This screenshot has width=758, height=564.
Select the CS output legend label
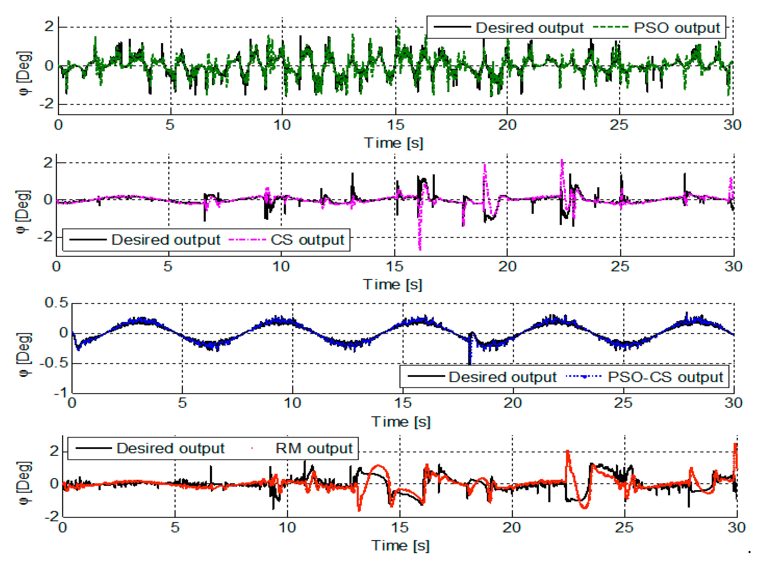click(307, 240)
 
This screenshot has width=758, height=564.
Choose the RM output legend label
click(313, 448)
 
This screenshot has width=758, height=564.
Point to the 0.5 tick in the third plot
click(56, 303)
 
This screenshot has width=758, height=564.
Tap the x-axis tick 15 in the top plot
click(395, 125)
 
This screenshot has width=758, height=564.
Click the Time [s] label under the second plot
click(393, 284)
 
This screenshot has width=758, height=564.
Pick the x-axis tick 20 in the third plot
click(513, 403)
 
